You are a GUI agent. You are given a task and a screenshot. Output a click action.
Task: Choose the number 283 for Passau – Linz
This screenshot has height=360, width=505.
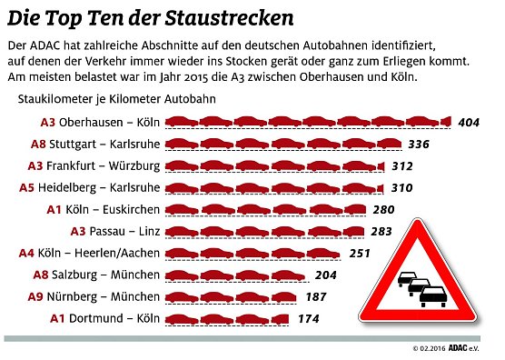(381, 231)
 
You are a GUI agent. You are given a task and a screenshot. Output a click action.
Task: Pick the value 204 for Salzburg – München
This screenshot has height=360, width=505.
(324, 275)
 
